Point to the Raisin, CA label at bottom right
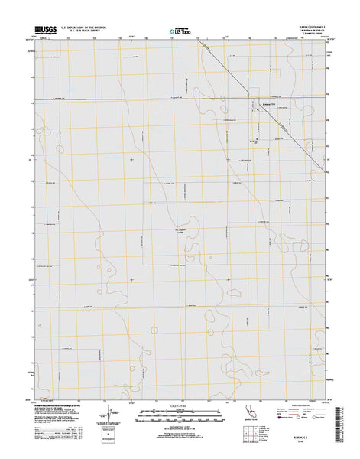click(300, 440)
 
